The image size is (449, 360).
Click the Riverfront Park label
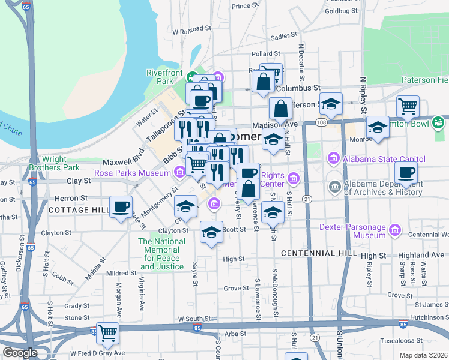pos(164,77)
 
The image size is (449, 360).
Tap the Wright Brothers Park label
pos(55,163)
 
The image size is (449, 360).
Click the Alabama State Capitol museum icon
pos(333,159)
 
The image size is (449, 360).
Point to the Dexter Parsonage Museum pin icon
pos(394,230)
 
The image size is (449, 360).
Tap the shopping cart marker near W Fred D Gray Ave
pos(108,333)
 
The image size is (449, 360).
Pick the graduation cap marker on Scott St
pos(211,232)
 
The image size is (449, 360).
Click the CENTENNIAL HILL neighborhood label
pos(312,254)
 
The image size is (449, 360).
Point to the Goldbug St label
pos(340,11)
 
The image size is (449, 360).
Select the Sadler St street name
pos(280,37)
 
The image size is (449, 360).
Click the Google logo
pos(20,353)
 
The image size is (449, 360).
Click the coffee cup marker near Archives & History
pos(406,173)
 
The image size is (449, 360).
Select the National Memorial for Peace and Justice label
pos(161,254)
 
